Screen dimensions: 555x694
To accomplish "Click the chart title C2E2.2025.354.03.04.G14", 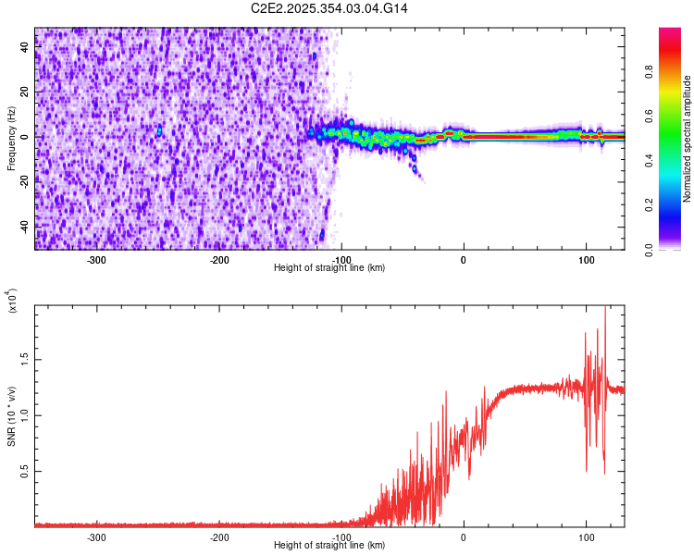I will click(x=329, y=8).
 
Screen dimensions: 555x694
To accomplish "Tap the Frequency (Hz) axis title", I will click(x=11, y=139).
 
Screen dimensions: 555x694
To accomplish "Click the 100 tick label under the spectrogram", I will click(x=586, y=259).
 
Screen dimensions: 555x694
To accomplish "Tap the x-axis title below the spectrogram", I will click(x=329, y=268).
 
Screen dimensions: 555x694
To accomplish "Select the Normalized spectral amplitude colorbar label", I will click(x=687, y=139).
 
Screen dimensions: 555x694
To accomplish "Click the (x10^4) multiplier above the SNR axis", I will click(x=11, y=301).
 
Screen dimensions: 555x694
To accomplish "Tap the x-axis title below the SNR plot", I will click(x=329, y=546).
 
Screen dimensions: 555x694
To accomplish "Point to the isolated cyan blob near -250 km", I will click(x=159, y=131).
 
